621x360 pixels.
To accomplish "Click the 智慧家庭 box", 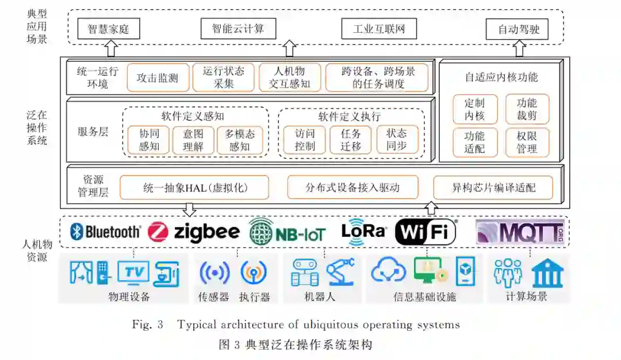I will [x=109, y=29].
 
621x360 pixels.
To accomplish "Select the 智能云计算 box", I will [x=238, y=29].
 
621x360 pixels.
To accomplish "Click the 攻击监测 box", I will [x=158, y=78].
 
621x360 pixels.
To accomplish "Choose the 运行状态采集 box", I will [x=223, y=78].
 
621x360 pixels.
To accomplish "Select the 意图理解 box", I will [x=193, y=140].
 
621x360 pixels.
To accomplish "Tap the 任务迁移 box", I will [x=350, y=140].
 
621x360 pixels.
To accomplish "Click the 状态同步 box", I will [x=397, y=140].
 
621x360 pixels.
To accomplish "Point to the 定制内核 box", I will [x=475, y=109].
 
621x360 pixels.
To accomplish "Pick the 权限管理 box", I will [x=527, y=142].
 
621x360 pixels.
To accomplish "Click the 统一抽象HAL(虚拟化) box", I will [x=194, y=187].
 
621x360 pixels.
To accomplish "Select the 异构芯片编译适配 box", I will [x=493, y=187].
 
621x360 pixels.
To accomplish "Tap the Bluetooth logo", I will [x=106, y=232].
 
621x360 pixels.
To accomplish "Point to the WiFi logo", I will [x=426, y=232].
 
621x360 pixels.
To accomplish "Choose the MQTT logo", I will [x=519, y=232].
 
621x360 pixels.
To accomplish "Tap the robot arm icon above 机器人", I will [x=341, y=271].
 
